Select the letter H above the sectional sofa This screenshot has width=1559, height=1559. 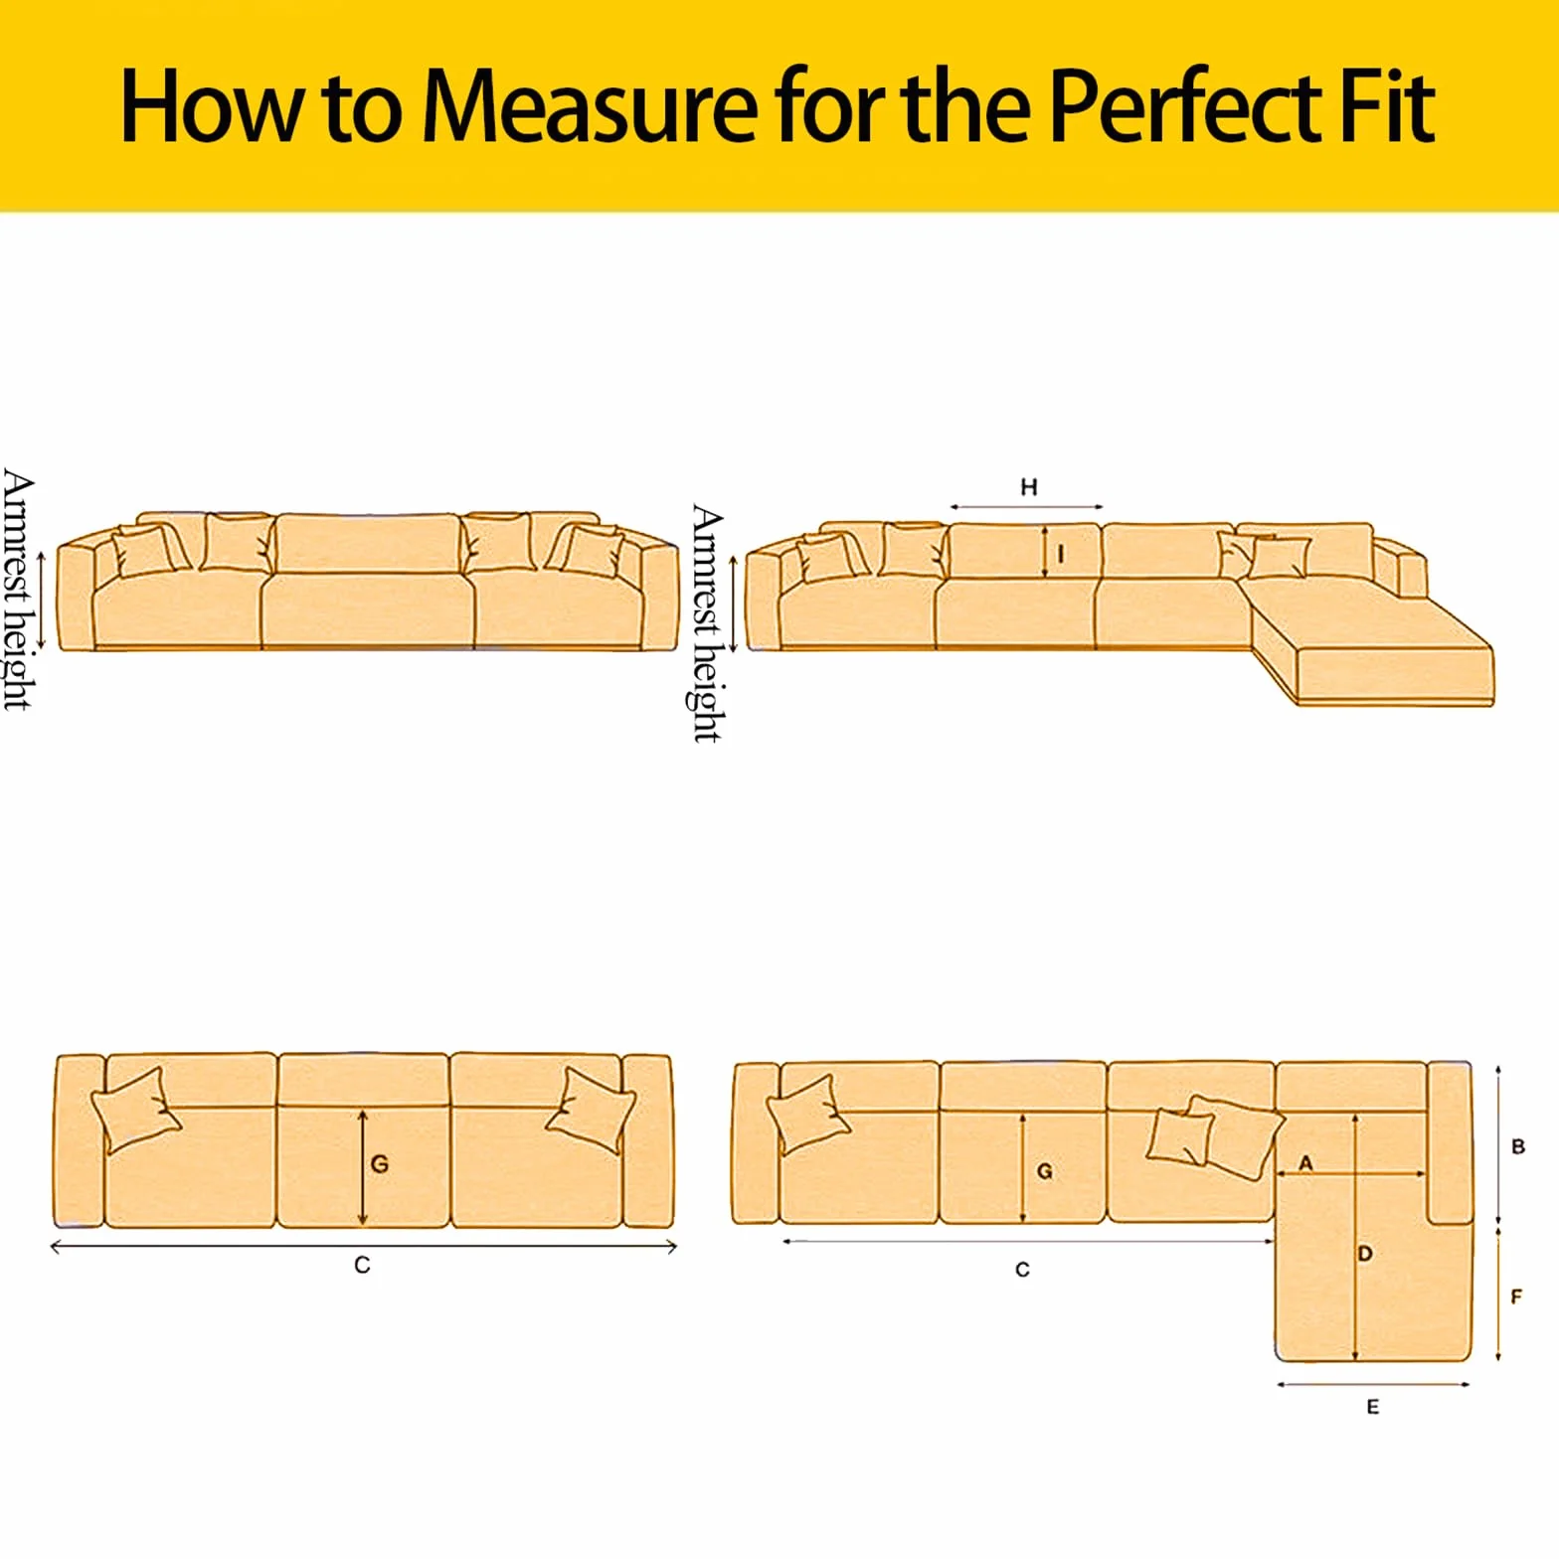point(1029,487)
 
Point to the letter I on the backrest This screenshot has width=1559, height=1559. point(1061,554)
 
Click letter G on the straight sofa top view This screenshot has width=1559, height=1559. point(379,1163)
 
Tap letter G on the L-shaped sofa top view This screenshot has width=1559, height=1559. point(1044,1171)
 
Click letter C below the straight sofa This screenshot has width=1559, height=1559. point(362,1265)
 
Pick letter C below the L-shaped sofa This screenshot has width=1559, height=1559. point(1022,1270)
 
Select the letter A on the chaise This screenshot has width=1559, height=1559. point(1306,1162)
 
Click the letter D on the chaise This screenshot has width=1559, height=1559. point(1365,1254)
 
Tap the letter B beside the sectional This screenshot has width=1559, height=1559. point(1518,1146)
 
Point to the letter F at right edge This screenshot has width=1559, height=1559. point(1516,1297)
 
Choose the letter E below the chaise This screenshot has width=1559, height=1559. point(1373,1407)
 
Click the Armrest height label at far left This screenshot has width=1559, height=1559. point(18,590)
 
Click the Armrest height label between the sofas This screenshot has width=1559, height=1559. point(706,623)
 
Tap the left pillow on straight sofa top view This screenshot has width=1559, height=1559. point(135,1111)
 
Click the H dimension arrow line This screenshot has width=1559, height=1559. point(1026,507)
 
